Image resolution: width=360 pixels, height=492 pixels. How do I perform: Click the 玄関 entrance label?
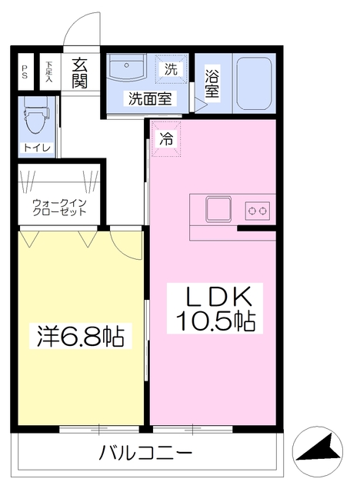tap(79, 73)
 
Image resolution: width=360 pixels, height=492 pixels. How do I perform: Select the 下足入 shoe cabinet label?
tap(48, 72)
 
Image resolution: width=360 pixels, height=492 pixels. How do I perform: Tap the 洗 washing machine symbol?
tap(171, 68)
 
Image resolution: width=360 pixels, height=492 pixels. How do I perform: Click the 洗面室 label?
tap(149, 98)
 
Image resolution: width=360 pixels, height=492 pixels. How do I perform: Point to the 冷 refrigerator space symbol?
tap(166, 139)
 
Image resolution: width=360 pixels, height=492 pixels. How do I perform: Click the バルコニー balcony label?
tap(145, 452)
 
